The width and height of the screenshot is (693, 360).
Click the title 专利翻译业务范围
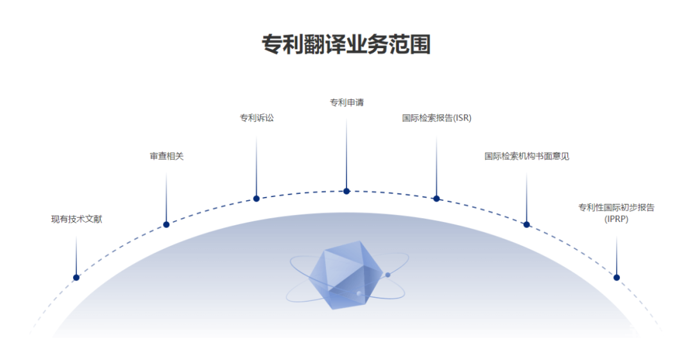(x=346, y=45)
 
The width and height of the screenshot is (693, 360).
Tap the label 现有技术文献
(x=76, y=219)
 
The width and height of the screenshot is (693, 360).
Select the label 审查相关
(x=166, y=156)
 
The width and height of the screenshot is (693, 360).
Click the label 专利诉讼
(x=256, y=118)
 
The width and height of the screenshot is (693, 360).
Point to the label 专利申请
(x=346, y=102)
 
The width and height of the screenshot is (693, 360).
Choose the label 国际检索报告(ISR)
(x=436, y=118)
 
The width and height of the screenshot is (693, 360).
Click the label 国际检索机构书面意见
(x=526, y=156)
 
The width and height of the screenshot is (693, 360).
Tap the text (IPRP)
(x=616, y=219)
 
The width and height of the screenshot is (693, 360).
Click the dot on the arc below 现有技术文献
(x=76, y=277)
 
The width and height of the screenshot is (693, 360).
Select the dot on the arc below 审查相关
(x=166, y=225)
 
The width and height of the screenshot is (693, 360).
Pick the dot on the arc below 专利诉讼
(x=256, y=198)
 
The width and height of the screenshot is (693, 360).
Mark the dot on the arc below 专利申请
(x=346, y=191)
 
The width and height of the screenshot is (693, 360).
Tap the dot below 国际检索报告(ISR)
(x=436, y=198)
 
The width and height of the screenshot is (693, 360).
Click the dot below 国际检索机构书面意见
(x=526, y=225)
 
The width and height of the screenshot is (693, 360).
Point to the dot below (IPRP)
(x=617, y=277)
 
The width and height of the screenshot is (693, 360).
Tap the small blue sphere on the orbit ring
(x=388, y=275)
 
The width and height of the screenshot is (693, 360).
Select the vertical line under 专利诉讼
(x=256, y=164)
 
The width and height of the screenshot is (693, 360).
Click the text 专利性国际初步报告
(x=616, y=207)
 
